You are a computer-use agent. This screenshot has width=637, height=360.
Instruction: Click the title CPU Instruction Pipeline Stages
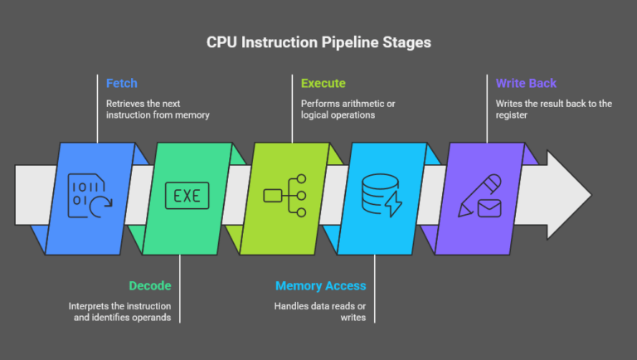[318, 42]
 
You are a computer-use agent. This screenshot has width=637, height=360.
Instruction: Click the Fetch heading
[122, 84]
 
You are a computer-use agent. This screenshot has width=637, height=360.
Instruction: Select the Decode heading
[149, 285]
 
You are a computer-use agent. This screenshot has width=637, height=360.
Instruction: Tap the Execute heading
[323, 84]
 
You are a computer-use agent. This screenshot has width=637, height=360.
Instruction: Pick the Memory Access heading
[320, 285]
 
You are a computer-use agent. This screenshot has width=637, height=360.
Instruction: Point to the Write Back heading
[526, 84]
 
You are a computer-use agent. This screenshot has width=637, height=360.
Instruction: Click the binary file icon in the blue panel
[89, 197]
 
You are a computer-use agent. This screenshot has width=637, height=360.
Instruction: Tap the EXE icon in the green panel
[187, 197]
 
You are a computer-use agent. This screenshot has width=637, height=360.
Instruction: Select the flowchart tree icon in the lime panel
[285, 197]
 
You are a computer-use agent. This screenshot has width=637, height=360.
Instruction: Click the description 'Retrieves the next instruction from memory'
[157, 109]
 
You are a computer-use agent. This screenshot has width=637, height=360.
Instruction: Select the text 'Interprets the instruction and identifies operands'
[121, 312]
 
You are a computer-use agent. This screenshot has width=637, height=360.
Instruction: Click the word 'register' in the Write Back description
[513, 115]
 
